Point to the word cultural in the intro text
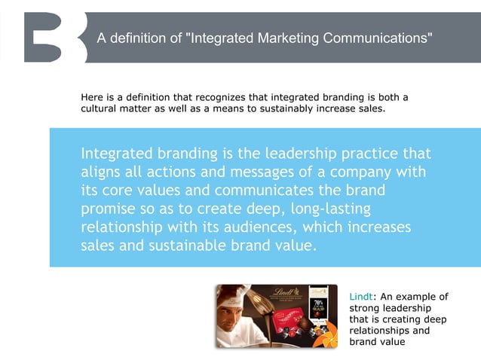tap(102, 108)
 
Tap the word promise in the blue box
tap(109, 209)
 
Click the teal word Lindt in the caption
tap(360, 296)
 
